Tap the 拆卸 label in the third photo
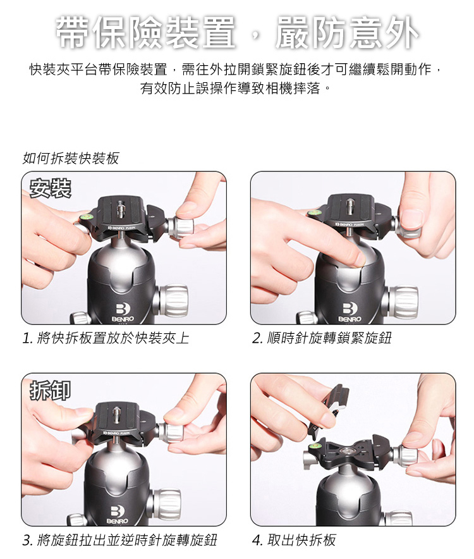pos(51,390)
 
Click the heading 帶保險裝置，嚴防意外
pos(237,32)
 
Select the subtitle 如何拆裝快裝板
pos(71,158)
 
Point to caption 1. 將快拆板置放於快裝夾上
pos(106,338)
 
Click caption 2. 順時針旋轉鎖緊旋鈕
pos(322,338)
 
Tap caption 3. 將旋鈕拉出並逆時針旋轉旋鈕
pos(119,540)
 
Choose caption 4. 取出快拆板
pos(294,540)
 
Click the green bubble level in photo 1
pos(87,216)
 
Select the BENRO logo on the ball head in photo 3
pos(118,515)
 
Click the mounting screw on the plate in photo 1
pos(121,208)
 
